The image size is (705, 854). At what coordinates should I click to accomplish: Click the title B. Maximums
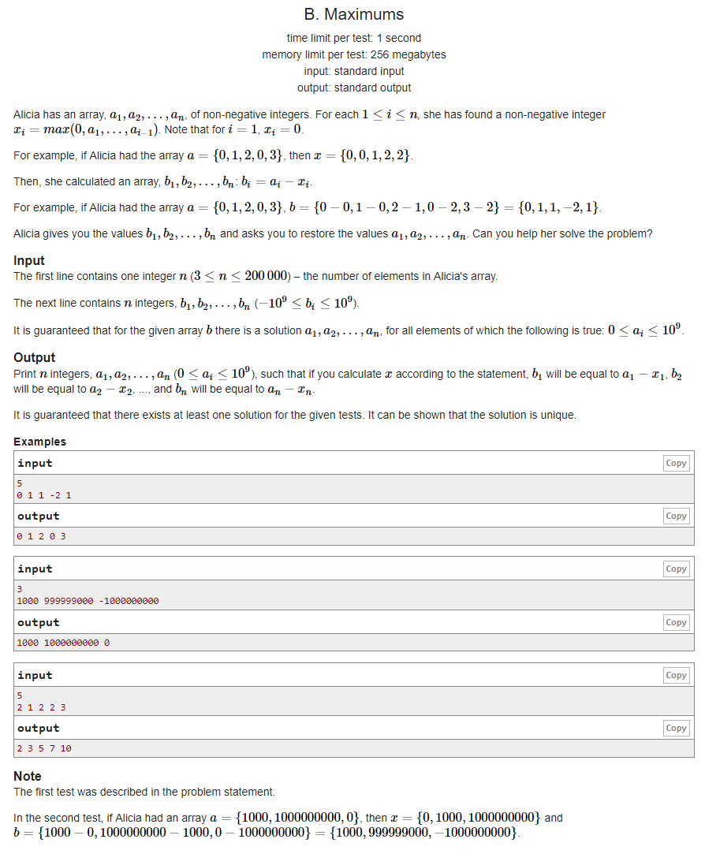pyautogui.click(x=353, y=14)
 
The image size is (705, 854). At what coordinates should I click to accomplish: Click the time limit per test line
pyautogui.click(x=353, y=38)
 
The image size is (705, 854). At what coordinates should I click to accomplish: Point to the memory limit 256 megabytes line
pyautogui.click(x=353, y=54)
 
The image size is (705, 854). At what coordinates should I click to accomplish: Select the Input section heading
pyautogui.click(x=29, y=260)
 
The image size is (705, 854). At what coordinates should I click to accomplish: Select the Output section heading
pyautogui.click(x=34, y=357)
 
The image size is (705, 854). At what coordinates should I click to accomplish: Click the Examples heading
pyautogui.click(x=39, y=442)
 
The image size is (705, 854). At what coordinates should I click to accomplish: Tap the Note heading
pyautogui.click(x=28, y=776)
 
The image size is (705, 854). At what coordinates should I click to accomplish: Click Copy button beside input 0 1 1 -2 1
pyautogui.click(x=676, y=463)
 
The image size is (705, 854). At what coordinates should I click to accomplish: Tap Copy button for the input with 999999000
pyautogui.click(x=676, y=569)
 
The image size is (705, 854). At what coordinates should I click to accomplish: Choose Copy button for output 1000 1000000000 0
pyautogui.click(x=676, y=622)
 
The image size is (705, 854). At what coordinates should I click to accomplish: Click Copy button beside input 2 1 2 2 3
pyautogui.click(x=676, y=675)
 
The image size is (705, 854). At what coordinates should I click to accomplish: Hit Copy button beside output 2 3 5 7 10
pyautogui.click(x=676, y=728)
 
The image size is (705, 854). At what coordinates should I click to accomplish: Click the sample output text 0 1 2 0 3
pyautogui.click(x=41, y=536)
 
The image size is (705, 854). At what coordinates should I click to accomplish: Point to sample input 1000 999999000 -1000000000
pyautogui.click(x=88, y=600)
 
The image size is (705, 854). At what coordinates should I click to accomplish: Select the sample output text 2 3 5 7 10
pyautogui.click(x=44, y=748)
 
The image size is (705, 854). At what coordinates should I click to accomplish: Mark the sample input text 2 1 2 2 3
pyautogui.click(x=41, y=707)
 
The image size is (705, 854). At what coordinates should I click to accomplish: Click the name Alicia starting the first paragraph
pyautogui.click(x=29, y=114)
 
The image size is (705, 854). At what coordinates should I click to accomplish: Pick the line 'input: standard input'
pyautogui.click(x=353, y=71)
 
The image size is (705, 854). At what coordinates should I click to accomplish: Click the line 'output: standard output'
pyautogui.click(x=353, y=88)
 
